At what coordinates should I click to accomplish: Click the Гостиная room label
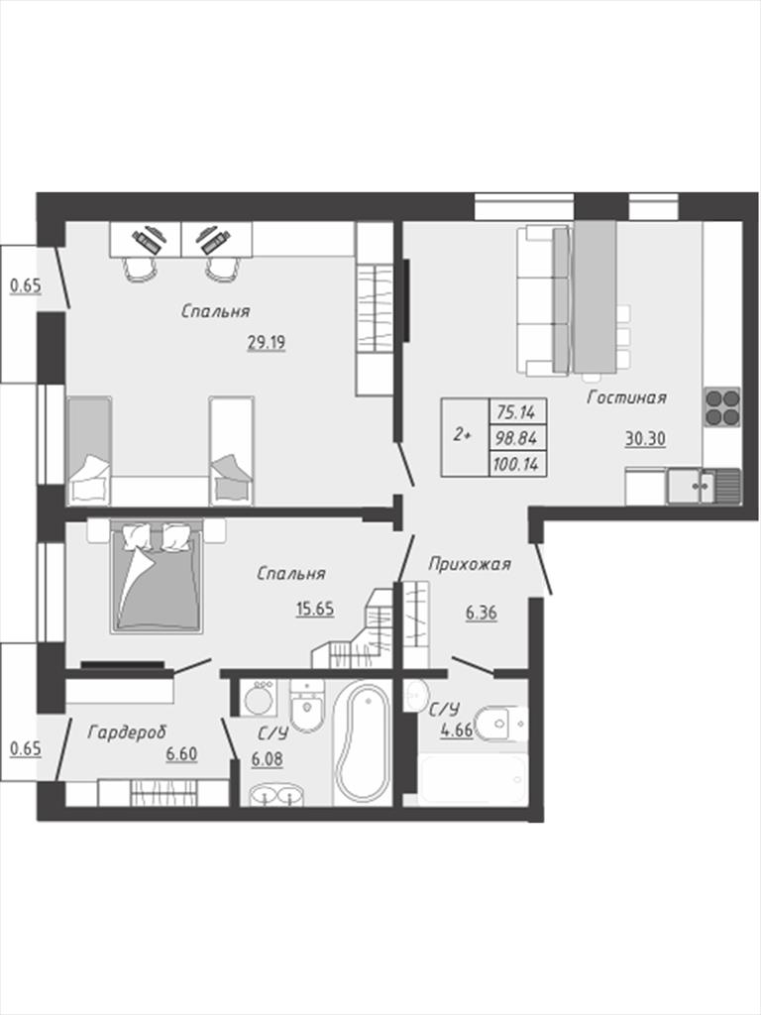click(626, 397)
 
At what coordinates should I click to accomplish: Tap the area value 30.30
click(645, 438)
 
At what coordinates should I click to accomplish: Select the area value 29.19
click(266, 342)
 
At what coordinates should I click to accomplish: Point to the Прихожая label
click(469, 564)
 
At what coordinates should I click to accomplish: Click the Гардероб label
click(127, 733)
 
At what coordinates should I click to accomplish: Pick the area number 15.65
click(314, 609)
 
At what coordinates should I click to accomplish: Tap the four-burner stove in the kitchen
click(721, 407)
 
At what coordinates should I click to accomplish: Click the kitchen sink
click(704, 486)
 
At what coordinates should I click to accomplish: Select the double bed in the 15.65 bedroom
click(156, 576)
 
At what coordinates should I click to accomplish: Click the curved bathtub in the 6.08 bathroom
click(362, 741)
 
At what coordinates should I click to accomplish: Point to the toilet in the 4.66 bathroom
click(499, 723)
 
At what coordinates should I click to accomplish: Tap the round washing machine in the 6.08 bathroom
click(261, 697)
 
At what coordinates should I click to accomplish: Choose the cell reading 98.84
click(517, 437)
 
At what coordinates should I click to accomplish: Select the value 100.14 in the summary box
click(517, 464)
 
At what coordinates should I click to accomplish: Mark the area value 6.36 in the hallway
click(481, 612)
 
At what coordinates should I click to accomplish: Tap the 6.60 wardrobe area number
click(181, 753)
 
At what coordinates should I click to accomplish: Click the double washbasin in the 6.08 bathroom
click(276, 795)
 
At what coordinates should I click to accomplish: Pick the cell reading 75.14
click(517, 411)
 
